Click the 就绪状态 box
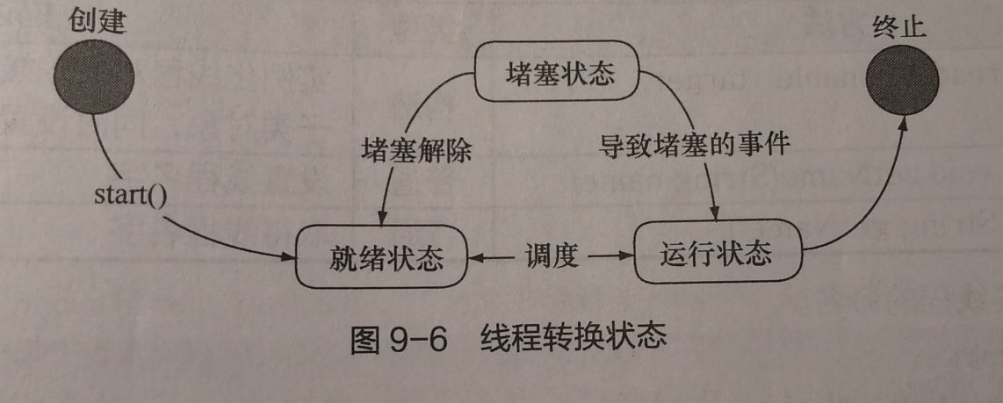tap(381, 258)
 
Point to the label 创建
tap(97, 21)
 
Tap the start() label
tap(130, 194)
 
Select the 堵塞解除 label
tap(417, 151)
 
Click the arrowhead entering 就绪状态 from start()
tap(289, 256)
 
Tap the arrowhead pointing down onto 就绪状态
tap(384, 219)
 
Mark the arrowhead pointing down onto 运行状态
tap(717, 216)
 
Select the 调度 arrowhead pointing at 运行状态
tap(626, 256)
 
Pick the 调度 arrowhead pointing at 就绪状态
tap(475, 257)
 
